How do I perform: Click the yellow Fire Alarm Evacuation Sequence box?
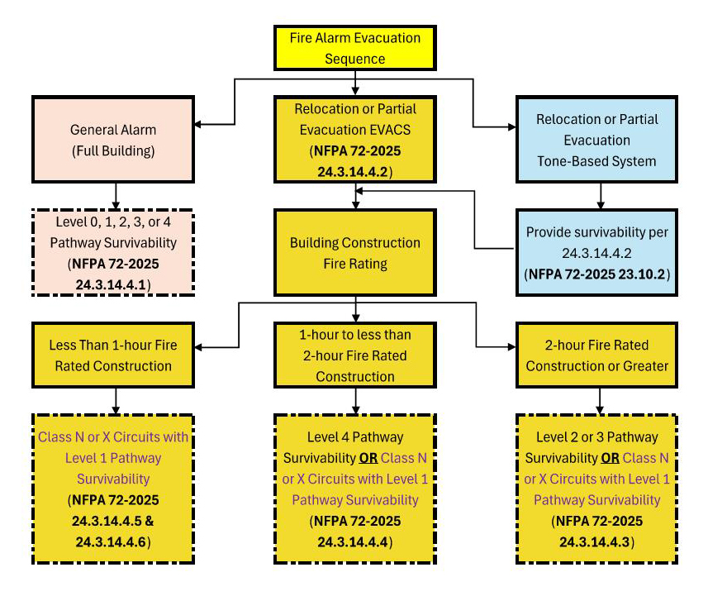[355, 48]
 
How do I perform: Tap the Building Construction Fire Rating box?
[355, 253]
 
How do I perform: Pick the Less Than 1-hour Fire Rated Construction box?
[113, 355]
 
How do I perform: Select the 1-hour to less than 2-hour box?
[355, 355]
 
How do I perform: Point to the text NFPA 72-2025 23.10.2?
[597, 273]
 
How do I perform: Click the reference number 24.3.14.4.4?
[355, 541]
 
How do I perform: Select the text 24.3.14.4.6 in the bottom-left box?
[113, 541]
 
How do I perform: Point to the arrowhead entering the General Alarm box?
[200, 126]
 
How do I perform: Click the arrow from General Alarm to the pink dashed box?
[116, 194]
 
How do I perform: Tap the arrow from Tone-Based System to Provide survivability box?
[600, 194]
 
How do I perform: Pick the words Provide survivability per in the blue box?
[597, 232]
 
